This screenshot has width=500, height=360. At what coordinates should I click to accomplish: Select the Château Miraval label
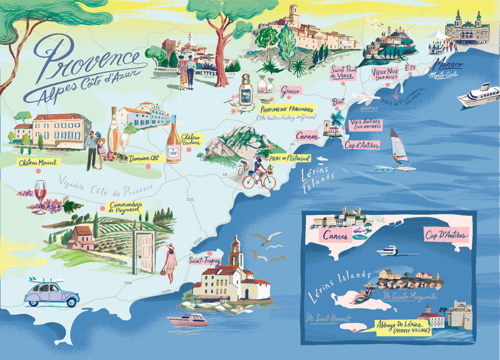point(38,162)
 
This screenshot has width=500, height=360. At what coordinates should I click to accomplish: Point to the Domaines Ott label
point(144,158)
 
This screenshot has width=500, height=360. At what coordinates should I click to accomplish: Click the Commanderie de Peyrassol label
point(125,207)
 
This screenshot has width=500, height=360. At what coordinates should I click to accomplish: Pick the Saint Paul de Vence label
point(343,72)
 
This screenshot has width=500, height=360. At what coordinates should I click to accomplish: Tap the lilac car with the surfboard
point(51,293)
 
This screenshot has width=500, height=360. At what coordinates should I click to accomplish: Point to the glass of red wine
point(40,196)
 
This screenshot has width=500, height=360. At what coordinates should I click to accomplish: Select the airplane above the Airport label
point(365,98)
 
